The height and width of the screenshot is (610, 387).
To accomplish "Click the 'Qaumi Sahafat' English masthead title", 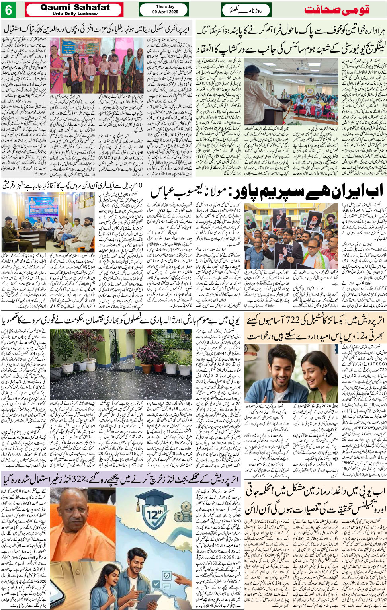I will [x=75, y=7].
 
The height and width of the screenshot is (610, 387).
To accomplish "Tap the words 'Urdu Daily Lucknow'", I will [x=75, y=14].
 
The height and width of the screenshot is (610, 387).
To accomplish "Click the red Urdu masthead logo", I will [x=342, y=10].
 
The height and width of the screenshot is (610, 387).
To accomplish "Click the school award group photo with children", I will [x=102, y=66].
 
